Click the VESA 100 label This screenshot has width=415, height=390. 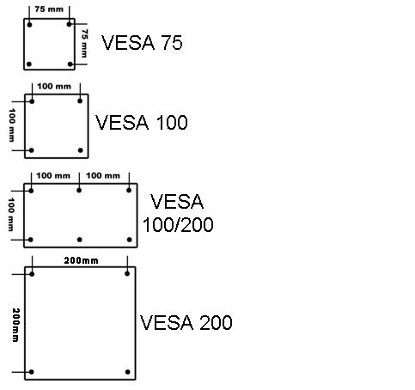142,123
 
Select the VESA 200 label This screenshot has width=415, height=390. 186,324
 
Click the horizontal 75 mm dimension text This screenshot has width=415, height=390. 48,9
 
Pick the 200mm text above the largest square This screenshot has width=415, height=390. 79,259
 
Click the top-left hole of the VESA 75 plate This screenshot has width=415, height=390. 30,24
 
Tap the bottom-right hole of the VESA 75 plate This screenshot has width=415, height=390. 69,64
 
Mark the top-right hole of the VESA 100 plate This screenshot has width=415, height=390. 81,101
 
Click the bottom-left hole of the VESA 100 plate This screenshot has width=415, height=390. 32,150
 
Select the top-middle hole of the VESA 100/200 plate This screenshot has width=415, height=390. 79,189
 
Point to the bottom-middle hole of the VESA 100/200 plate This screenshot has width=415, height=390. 79,239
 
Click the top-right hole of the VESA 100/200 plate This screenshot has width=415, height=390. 129,189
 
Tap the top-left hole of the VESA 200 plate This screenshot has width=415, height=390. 32,273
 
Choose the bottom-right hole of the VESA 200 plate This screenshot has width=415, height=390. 128,372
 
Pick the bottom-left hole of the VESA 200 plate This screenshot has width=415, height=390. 32,372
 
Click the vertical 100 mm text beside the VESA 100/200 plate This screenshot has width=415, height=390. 12,214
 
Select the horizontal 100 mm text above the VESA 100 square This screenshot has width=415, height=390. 56,88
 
